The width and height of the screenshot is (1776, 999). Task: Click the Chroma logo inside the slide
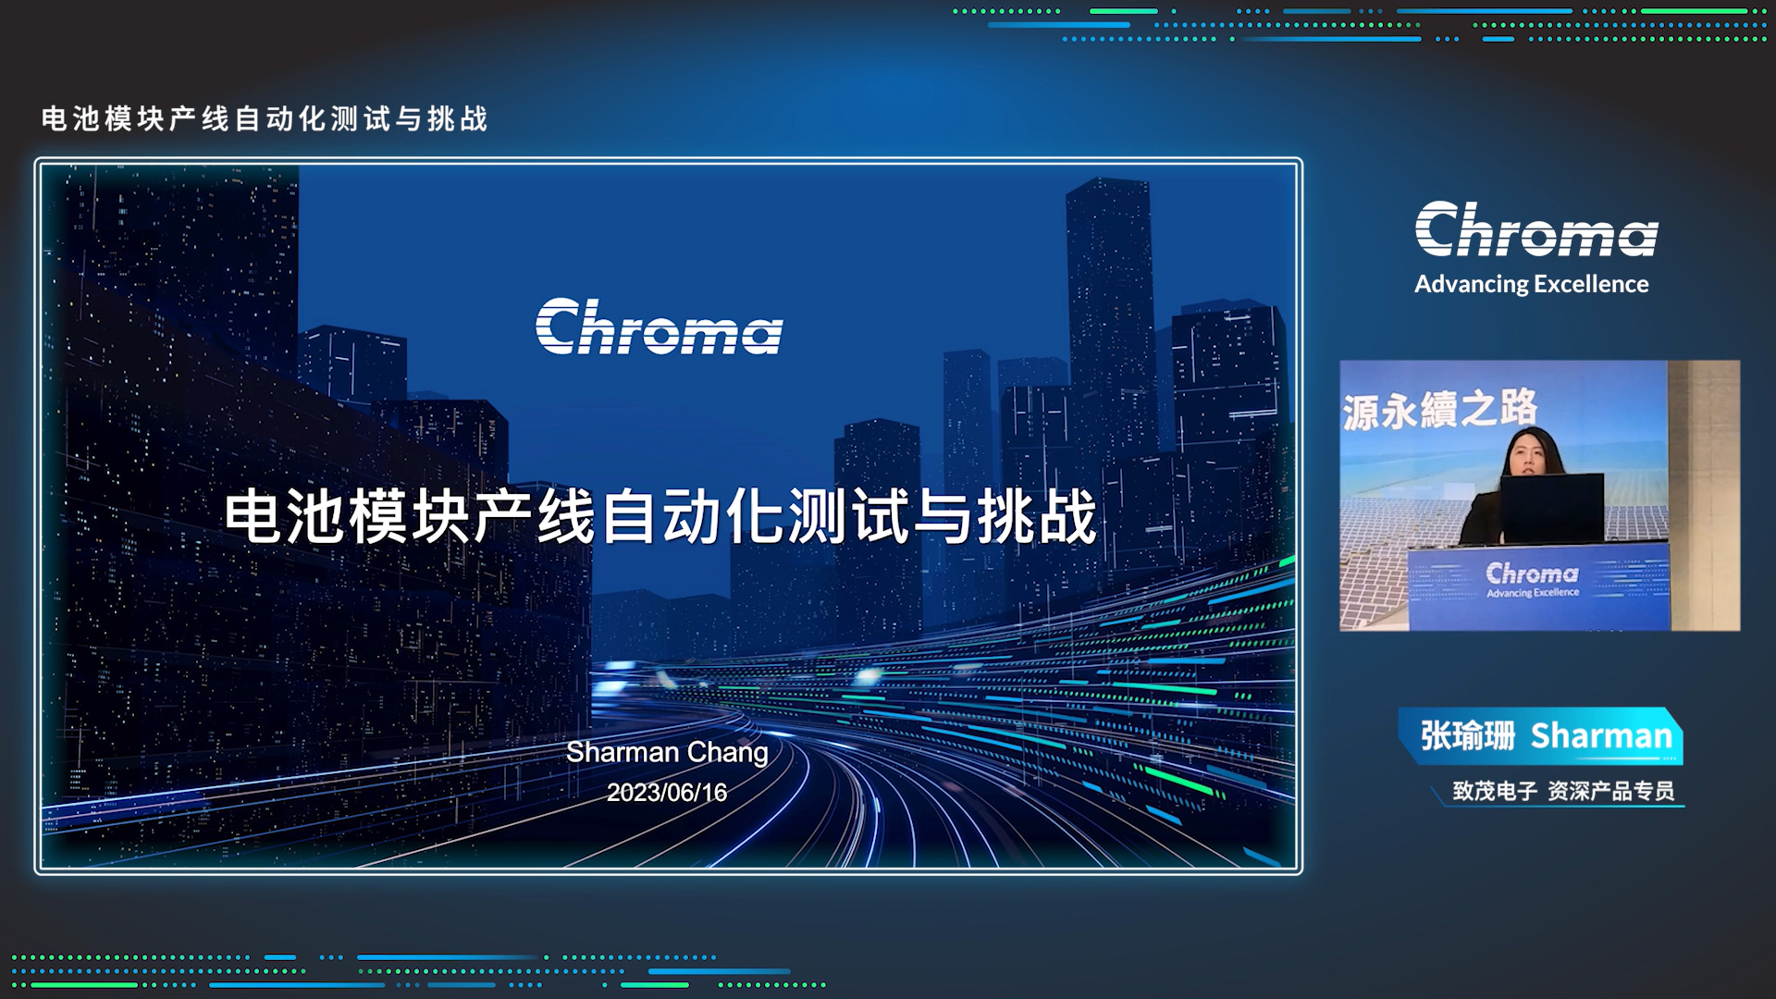click(660, 327)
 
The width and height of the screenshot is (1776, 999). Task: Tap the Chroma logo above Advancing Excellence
click(1536, 229)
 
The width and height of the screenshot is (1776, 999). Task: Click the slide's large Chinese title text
click(660, 516)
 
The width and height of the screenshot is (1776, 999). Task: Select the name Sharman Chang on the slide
click(667, 753)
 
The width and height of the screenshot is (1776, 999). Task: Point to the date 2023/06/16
click(667, 793)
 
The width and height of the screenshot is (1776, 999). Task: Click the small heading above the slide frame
click(265, 119)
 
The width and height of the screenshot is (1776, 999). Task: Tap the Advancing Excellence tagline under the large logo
click(1532, 284)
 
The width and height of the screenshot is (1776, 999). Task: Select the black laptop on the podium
click(1552, 508)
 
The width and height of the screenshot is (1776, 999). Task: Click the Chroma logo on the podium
click(1533, 579)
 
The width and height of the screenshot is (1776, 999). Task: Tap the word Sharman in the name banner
click(1602, 736)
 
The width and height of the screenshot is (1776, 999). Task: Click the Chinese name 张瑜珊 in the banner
click(1468, 736)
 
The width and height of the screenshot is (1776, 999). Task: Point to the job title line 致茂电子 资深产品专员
click(1563, 791)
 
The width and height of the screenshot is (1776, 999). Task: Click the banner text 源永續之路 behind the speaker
click(1440, 409)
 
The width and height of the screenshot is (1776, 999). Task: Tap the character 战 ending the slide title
click(1067, 516)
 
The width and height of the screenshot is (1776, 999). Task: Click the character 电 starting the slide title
click(253, 516)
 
